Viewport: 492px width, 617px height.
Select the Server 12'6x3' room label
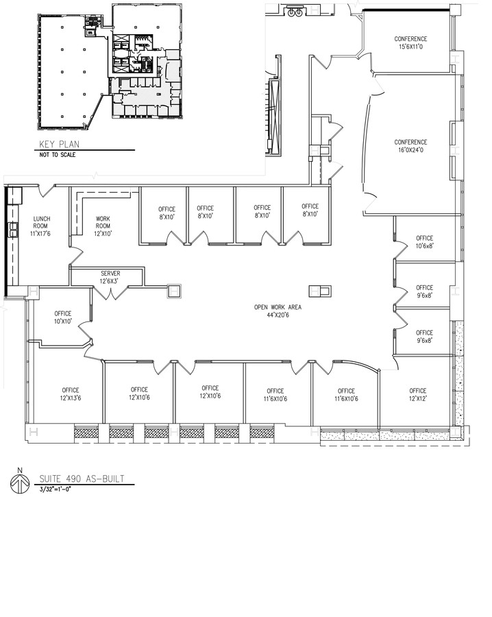point(110,277)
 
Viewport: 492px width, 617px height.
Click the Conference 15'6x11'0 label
point(410,43)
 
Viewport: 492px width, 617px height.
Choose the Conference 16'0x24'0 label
point(411,147)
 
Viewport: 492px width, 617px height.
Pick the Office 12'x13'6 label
point(70,394)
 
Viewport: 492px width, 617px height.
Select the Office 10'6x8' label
point(424,242)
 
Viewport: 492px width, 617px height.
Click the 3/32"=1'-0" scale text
point(56,490)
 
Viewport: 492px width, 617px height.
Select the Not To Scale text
point(58,155)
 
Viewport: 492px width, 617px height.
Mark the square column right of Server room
point(173,291)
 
